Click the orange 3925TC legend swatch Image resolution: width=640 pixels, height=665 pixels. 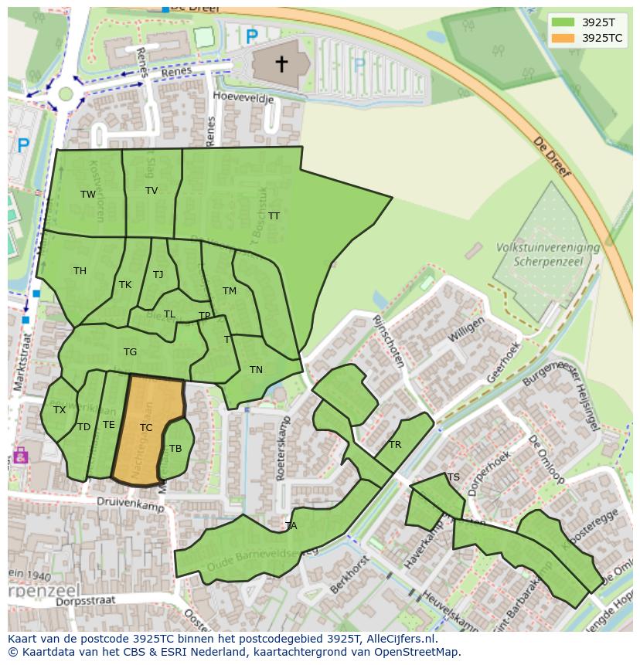coord(564,38)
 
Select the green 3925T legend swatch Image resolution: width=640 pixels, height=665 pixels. coord(564,22)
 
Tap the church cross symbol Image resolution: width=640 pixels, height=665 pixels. coord(282,63)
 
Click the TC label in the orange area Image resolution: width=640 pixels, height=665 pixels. coord(146,427)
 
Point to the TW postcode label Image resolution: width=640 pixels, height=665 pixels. coord(88,194)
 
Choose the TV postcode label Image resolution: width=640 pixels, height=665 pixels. coord(151,190)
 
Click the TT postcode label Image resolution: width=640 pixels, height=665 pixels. coord(274,215)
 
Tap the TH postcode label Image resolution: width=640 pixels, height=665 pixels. coord(80,270)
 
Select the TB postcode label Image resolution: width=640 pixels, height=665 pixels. coord(175,448)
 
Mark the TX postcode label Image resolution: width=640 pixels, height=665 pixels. coord(60,409)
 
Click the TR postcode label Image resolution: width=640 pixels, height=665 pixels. coord(395,444)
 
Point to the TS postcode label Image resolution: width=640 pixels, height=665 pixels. coord(454,477)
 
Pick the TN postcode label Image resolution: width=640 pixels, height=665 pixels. coord(256,369)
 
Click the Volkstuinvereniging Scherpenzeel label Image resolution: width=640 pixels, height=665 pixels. coord(549,254)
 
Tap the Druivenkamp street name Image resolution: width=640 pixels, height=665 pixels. coord(131,502)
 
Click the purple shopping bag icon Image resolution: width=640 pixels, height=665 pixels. coord(20,456)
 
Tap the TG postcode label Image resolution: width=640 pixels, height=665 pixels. coord(130,351)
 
